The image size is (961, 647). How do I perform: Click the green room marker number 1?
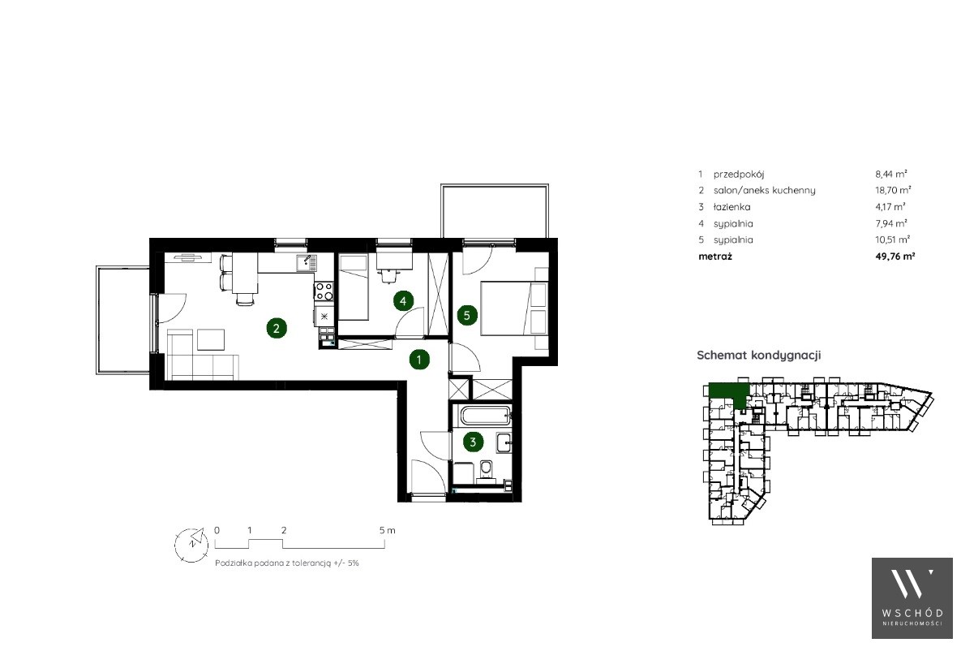(x=419, y=360)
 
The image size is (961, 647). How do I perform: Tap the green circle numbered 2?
(x=277, y=328)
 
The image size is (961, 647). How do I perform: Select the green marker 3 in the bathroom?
(x=473, y=442)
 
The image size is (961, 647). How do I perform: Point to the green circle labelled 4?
(x=403, y=301)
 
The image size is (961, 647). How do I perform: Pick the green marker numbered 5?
(x=467, y=316)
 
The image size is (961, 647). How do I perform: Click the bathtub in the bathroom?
(x=487, y=416)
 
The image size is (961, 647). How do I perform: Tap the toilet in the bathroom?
(x=487, y=470)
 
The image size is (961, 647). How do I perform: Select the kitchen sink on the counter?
(x=307, y=264)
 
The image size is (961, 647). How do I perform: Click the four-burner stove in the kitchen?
(x=324, y=291)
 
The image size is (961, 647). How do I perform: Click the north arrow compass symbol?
(x=191, y=544)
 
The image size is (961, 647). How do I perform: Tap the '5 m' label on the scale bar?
(x=388, y=530)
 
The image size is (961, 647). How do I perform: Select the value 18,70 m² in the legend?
(x=893, y=190)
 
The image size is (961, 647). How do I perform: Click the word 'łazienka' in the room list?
(x=731, y=207)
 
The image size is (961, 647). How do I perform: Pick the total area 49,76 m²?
(x=895, y=257)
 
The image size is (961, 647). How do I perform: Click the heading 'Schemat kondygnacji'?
(x=759, y=355)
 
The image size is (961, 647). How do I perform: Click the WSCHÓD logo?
(x=912, y=598)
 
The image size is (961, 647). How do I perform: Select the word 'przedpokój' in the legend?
(x=739, y=175)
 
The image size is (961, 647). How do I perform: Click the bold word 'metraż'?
(x=715, y=257)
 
